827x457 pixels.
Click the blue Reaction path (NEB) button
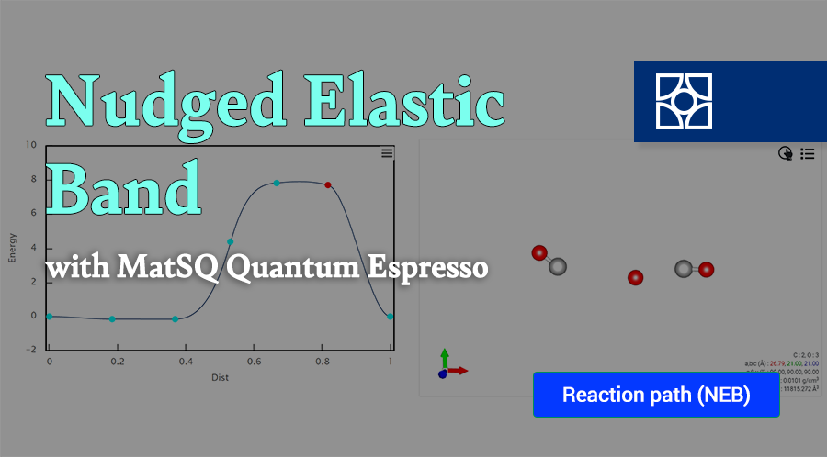[656, 395]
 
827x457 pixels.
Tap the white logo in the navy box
[683, 101]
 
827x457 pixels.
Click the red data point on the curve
[328, 185]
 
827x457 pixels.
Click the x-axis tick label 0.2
[117, 363]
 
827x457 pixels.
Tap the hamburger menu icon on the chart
[387, 153]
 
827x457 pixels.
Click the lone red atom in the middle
[635, 277]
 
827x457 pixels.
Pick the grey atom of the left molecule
[557, 266]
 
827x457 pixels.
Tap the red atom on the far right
[706, 269]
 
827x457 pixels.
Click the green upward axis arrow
[444, 357]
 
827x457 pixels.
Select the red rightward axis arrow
[459, 371]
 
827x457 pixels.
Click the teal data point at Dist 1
[391, 317]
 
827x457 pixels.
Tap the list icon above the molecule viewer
[807, 154]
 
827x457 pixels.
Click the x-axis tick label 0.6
[254, 363]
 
